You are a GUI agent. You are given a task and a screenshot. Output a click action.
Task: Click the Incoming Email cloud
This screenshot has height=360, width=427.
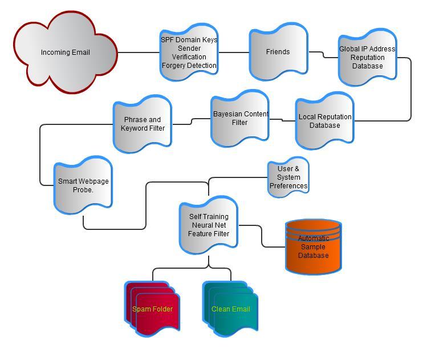point(65,52)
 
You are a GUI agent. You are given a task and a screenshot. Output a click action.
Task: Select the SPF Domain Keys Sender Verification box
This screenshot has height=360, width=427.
point(189,52)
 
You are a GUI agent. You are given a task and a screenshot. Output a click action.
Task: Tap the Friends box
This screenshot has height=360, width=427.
point(278,52)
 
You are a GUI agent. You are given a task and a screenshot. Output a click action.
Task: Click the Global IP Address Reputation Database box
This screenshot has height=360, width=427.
point(367,57)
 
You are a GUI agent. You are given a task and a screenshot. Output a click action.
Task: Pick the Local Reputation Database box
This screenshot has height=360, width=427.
point(325,121)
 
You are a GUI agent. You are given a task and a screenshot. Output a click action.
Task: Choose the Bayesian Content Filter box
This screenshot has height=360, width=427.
point(240,118)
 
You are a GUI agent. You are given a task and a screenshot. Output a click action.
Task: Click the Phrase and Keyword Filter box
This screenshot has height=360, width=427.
point(143,124)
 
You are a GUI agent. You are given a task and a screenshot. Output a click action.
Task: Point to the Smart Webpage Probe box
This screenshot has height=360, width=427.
point(83,185)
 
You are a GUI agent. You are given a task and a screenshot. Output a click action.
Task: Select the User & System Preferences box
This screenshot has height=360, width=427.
point(288,177)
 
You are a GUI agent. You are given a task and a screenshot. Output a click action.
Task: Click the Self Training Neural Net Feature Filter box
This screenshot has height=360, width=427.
point(209,225)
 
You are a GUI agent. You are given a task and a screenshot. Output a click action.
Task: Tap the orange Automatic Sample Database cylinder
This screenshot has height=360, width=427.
point(313,246)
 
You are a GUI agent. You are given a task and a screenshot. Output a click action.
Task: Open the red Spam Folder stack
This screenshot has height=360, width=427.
point(152,309)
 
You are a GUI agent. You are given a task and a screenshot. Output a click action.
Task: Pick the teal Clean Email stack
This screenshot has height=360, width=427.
point(230,309)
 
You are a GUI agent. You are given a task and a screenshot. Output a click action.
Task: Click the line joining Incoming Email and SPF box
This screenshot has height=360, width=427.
point(139,52)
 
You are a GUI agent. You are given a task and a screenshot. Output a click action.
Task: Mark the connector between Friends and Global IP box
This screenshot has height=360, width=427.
point(323,55)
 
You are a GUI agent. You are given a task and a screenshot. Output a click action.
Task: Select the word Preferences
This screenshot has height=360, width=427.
point(288,186)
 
